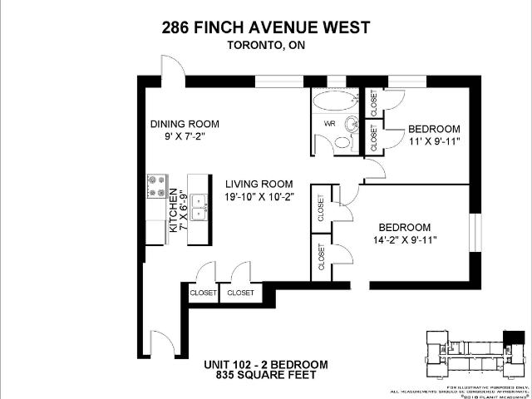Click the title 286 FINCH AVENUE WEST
pos(265,27)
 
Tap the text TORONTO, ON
pos(265,47)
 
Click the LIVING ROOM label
pos(258,185)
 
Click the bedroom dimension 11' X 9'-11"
pos(433,143)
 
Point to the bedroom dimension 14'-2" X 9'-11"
pos(404,240)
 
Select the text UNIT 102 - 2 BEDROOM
pos(265,365)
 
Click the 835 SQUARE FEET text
pos(265,376)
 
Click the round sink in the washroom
pos(352,127)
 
